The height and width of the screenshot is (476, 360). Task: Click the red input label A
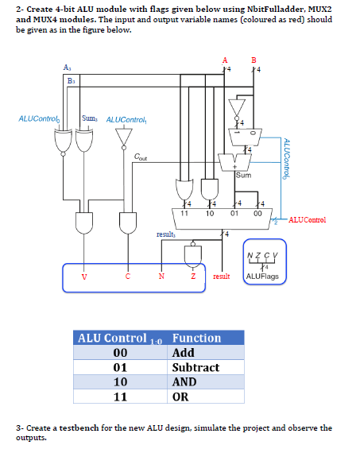pyautogui.click(x=225, y=60)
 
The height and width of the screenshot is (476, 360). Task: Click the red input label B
pyautogui.click(x=254, y=60)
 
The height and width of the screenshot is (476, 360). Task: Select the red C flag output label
pyautogui.click(x=129, y=277)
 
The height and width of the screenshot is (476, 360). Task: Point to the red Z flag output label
pyautogui.click(x=193, y=277)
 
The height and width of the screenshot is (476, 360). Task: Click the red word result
pyautogui.click(x=222, y=277)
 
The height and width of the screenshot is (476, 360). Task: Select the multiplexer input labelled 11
pyautogui.click(x=184, y=213)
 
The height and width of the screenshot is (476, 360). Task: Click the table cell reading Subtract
pyautogui.click(x=195, y=367)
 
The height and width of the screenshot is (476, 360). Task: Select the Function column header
pyautogui.click(x=196, y=338)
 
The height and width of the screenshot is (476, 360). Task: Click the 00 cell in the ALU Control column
pyautogui.click(x=121, y=353)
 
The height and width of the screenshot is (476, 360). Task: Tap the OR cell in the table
pyautogui.click(x=180, y=397)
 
